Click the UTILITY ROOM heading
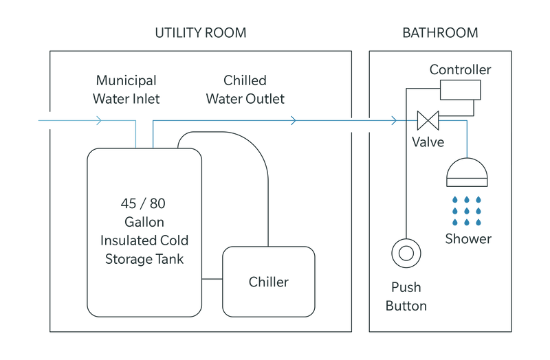pos(201,32)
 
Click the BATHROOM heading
pos(440,32)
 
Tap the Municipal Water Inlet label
pos(126,89)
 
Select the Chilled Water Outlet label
pos(245,89)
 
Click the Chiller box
pos(269,281)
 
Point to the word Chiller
pos(269,282)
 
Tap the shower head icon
pos(467,173)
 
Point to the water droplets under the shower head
pos(467,209)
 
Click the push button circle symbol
pos(406,253)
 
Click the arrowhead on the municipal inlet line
pos(100,121)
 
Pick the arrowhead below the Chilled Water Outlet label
pos(294,121)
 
